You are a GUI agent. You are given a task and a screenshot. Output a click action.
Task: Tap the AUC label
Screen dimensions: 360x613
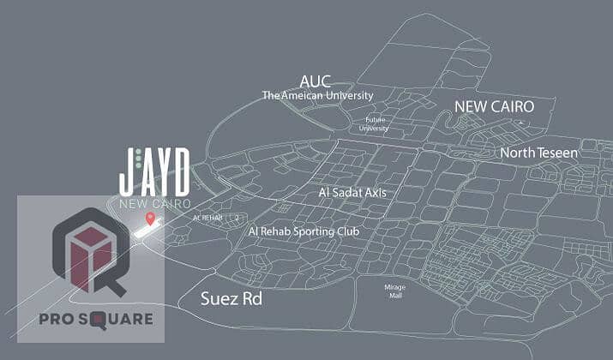click(315, 81)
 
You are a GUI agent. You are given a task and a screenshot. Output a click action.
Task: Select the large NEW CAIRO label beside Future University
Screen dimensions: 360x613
click(494, 107)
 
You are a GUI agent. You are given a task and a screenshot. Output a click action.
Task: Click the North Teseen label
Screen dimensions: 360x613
click(538, 153)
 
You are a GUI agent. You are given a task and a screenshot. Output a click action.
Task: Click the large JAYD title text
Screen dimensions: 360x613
click(154, 171)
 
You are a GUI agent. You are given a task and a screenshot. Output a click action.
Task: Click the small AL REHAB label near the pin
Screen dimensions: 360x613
click(207, 218)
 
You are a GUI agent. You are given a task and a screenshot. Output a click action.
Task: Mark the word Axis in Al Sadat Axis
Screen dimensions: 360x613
click(374, 193)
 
